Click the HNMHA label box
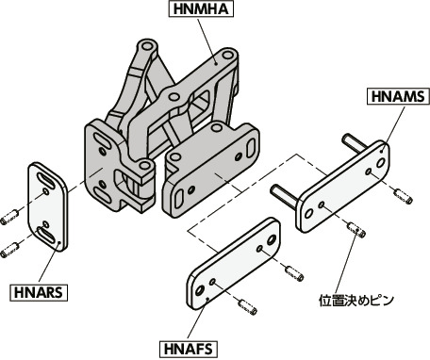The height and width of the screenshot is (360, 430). (x=201, y=9)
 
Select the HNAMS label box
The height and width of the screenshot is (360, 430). (x=398, y=96)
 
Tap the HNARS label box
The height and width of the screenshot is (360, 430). (x=39, y=293)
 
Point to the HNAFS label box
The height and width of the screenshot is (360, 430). (x=189, y=349)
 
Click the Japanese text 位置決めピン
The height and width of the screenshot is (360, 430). (x=356, y=301)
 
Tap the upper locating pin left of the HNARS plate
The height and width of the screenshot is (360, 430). (x=9, y=217)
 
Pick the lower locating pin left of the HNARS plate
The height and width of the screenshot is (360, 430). (x=8, y=250)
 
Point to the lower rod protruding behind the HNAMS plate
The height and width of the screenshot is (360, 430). (x=283, y=196)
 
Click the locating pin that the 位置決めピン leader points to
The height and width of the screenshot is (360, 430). (x=356, y=230)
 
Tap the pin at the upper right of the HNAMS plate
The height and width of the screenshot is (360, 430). (x=404, y=196)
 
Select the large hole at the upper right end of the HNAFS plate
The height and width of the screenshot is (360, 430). (x=271, y=240)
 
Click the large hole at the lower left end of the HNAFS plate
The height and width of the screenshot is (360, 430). (x=200, y=290)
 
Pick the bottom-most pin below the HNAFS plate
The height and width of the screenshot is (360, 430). (x=248, y=307)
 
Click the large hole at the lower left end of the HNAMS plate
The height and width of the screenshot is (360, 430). (x=308, y=213)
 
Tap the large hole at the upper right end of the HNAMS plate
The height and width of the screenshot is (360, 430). (x=380, y=163)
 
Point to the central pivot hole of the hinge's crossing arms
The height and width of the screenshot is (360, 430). (x=174, y=97)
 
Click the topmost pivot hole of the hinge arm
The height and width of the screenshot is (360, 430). (x=146, y=46)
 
